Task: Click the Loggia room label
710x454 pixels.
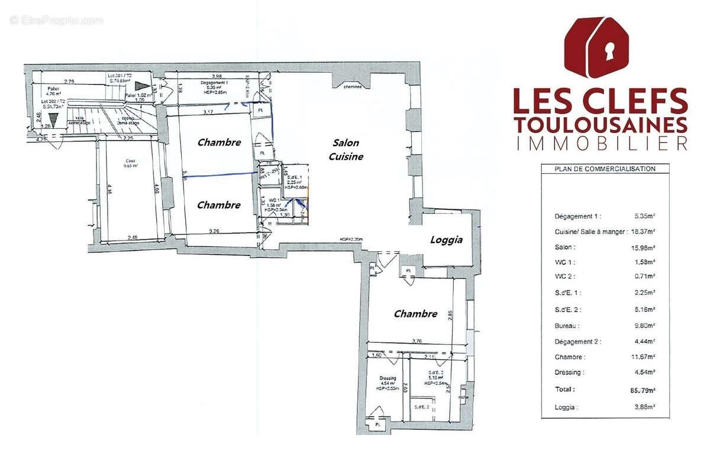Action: tap(446, 240)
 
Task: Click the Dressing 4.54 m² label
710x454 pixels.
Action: tap(388, 381)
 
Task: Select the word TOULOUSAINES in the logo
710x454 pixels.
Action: tap(601, 124)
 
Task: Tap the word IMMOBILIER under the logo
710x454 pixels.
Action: tap(601, 143)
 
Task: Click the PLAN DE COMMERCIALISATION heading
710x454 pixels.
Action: tap(605, 168)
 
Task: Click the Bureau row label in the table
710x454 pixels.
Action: tap(567, 325)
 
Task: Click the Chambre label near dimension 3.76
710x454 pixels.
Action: tap(415, 314)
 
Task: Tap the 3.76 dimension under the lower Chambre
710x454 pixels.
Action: tap(417, 340)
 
